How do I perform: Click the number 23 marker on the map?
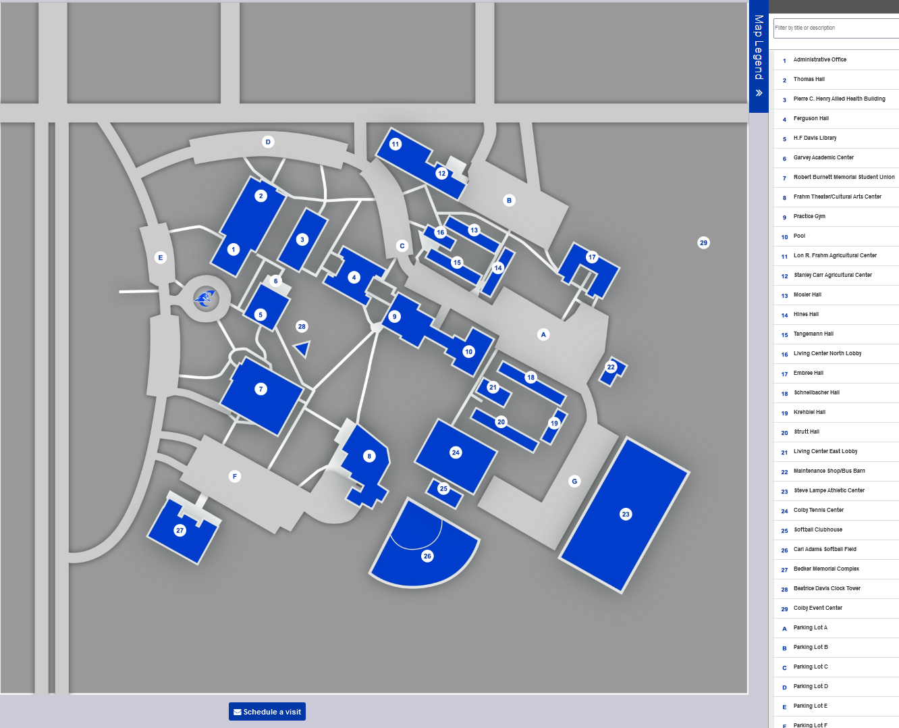point(626,515)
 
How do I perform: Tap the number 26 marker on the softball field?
point(427,556)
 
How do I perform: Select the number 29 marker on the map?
point(704,243)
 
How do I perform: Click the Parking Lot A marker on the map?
point(543,334)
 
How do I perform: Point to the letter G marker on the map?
point(574,482)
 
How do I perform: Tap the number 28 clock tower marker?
point(302,327)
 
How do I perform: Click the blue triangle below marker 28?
point(302,349)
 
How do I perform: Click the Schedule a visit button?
point(267,712)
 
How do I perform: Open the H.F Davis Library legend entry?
point(815,138)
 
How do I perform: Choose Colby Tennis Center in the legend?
point(818,510)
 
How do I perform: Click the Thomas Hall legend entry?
point(809,79)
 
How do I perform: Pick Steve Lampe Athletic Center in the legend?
point(829,490)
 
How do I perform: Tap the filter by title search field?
point(836,28)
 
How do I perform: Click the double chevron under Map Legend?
point(759,93)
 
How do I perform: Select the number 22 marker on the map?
point(611,367)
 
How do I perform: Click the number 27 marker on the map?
point(180,531)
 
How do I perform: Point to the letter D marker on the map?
point(268,142)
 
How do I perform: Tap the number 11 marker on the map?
point(396,144)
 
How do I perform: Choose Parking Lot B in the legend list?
point(811,647)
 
